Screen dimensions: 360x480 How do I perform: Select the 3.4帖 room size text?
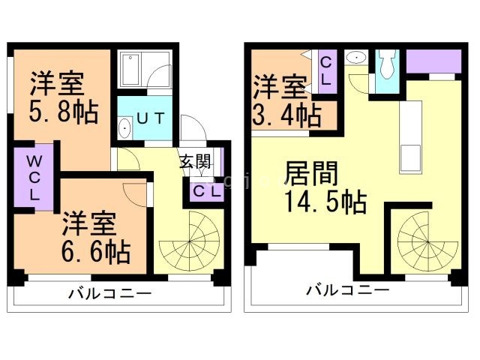coord(287,115)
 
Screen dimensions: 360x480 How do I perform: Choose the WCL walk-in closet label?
coord(34,177)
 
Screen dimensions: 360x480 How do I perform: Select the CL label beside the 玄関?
coord(205,191)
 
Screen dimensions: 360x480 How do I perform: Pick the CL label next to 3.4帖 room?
coord(327,70)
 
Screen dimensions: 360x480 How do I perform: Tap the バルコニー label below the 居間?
coord(347,289)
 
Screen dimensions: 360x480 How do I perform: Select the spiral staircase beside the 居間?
coord(423,241)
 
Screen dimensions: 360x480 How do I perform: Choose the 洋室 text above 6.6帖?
coord(88,223)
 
